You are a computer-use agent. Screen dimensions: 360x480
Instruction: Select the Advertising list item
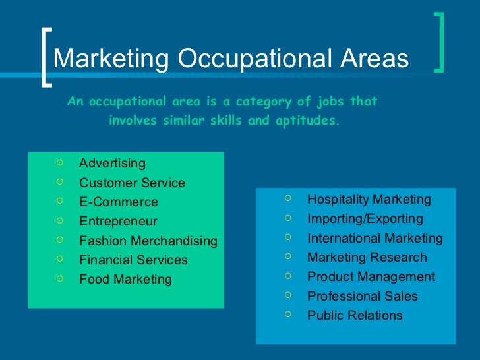click(x=112, y=163)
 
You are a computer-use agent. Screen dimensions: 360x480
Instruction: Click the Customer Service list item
click(x=132, y=183)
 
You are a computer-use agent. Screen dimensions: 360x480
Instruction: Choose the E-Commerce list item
click(x=119, y=202)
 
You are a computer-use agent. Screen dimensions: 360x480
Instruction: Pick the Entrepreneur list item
click(x=118, y=222)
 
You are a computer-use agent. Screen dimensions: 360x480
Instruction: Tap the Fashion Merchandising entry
click(x=148, y=241)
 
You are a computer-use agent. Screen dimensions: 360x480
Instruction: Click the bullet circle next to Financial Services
click(x=60, y=259)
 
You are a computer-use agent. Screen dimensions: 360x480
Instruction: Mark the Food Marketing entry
click(x=125, y=280)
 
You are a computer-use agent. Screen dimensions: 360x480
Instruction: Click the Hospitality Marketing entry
click(x=369, y=200)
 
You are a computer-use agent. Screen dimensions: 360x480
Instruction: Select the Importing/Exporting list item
click(x=365, y=219)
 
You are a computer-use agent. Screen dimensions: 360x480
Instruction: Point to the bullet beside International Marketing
click(x=288, y=237)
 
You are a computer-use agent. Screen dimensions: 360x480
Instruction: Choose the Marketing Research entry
click(x=367, y=258)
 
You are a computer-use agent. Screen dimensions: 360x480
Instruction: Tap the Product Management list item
click(x=371, y=277)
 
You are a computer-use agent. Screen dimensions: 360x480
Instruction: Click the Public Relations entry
click(x=355, y=315)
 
